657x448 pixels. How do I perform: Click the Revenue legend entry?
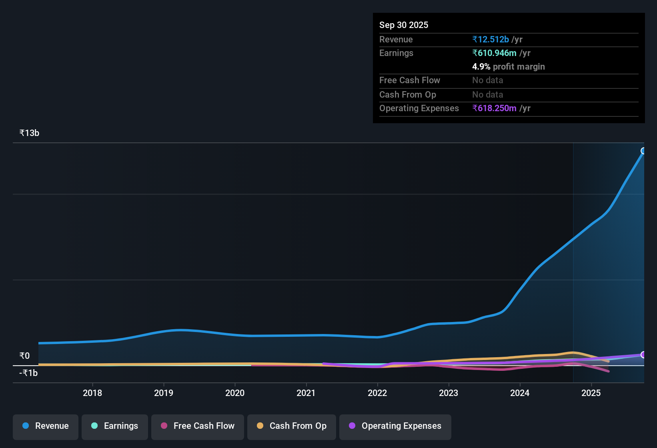tap(46, 426)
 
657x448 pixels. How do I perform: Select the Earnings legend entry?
tap(115, 426)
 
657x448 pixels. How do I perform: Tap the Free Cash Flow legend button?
tap(198, 426)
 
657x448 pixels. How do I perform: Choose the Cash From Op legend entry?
tap(292, 426)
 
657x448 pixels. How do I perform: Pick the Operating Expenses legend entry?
tap(395, 426)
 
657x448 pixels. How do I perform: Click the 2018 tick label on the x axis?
tap(92, 393)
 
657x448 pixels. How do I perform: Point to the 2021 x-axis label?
tap(306, 393)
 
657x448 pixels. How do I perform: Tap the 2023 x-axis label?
tap(449, 393)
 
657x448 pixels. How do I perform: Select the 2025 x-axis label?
tap(591, 393)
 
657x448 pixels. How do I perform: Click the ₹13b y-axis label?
tap(29, 133)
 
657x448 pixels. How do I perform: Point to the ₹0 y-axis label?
tap(24, 356)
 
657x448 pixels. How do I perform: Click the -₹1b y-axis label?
tap(28, 373)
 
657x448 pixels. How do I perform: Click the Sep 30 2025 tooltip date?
tap(403, 25)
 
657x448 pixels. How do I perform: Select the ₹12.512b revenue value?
tap(491, 40)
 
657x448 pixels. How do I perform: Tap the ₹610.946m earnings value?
tap(494, 53)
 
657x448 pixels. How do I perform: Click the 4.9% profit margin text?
tap(508, 67)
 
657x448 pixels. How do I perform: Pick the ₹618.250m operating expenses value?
tap(494, 108)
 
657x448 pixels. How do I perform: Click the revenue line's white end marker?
tap(643, 151)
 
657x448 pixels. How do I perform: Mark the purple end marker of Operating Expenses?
tap(643, 355)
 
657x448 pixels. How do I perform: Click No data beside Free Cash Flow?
tap(487, 80)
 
